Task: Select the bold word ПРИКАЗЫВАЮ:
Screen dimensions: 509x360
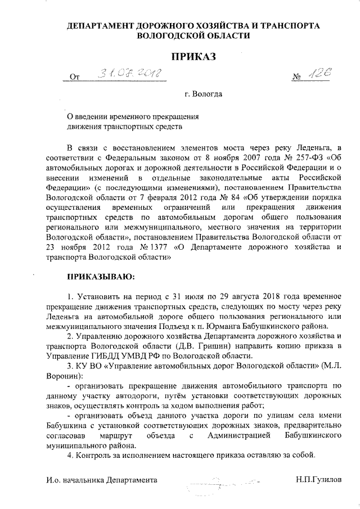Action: click(x=100, y=276)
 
